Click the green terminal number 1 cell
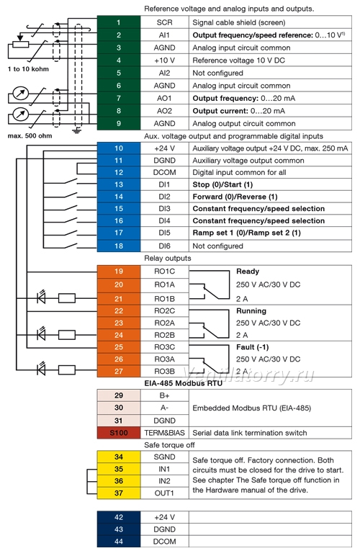(119, 22)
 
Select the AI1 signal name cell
(164, 35)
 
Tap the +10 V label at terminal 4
(164, 60)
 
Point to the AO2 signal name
(164, 111)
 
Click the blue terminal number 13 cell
(119, 184)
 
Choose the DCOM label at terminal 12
(164, 172)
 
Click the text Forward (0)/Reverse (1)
(235, 197)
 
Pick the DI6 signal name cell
(164, 246)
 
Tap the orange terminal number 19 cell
(119, 272)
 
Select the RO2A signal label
(164, 323)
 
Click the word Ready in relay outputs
(248, 272)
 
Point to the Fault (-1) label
(253, 347)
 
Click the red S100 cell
(119, 433)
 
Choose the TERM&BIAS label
(164, 433)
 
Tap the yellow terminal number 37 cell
(119, 493)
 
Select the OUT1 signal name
(164, 493)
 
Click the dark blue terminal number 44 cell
(119, 542)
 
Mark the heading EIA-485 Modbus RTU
(183, 383)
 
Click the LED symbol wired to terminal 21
(42, 297)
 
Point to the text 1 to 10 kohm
(28, 69)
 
